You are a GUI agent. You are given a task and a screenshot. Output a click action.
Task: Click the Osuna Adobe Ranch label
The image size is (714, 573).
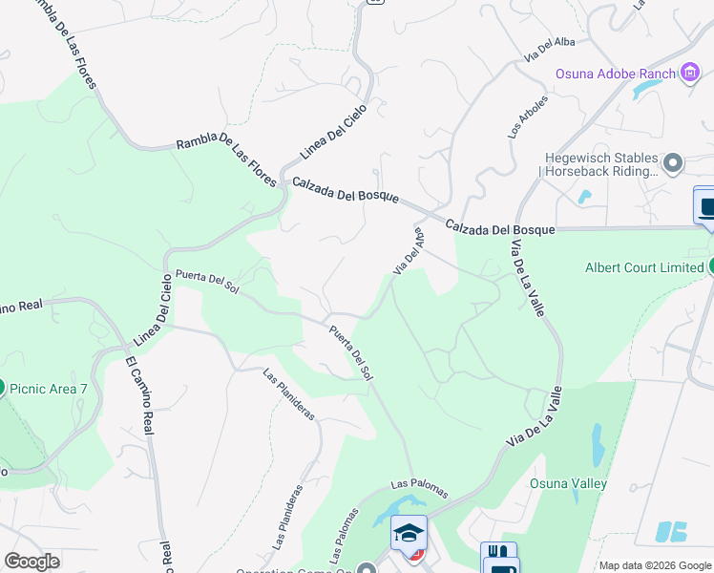[x=616, y=74]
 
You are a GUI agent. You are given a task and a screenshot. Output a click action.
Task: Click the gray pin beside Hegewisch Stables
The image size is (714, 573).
[x=673, y=163]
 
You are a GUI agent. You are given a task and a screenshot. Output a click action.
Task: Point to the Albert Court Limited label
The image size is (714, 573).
[x=643, y=267]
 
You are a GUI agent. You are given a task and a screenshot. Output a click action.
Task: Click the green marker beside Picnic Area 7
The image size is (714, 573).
[x=1, y=387]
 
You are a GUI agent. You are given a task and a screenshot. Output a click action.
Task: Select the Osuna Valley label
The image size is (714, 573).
[x=568, y=483]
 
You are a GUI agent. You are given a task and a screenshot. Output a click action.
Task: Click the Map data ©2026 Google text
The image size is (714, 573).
[x=654, y=565]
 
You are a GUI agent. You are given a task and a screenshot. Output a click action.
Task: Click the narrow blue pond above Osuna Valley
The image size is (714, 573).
[x=597, y=443]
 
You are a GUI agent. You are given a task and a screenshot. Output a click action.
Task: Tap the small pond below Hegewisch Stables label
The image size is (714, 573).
[x=583, y=198]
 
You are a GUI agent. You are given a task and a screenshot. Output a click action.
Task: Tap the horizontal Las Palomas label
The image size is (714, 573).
[x=419, y=488]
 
